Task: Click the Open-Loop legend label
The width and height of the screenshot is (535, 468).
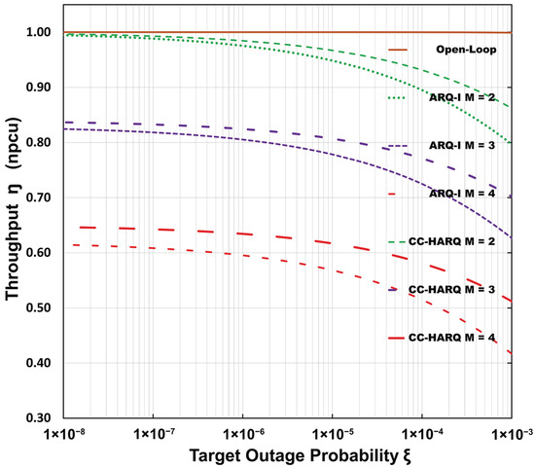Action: [466, 50]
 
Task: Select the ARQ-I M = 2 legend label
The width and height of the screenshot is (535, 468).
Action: [462, 97]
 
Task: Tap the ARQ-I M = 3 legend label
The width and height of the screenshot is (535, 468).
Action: [462, 146]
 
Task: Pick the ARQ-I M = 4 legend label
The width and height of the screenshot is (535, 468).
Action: [462, 194]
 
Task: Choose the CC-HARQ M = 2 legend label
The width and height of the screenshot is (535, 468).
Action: [451, 241]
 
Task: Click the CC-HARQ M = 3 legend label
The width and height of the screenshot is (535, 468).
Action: [451, 290]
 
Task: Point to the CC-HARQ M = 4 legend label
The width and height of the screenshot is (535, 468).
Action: [451, 338]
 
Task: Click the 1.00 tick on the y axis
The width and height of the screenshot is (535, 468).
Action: [38, 32]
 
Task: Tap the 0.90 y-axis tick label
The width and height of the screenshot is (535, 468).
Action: [38, 88]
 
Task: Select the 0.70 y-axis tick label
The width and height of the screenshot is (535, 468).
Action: [38, 198]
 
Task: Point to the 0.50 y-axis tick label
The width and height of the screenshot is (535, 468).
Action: [38, 307]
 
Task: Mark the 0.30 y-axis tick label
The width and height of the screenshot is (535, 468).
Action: [38, 418]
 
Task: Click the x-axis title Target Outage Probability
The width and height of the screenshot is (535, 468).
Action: [294, 456]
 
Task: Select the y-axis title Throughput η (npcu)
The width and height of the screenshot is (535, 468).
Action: [13, 209]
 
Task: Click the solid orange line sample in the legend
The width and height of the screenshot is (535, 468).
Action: [398, 50]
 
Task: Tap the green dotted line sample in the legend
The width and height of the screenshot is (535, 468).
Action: [397, 98]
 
